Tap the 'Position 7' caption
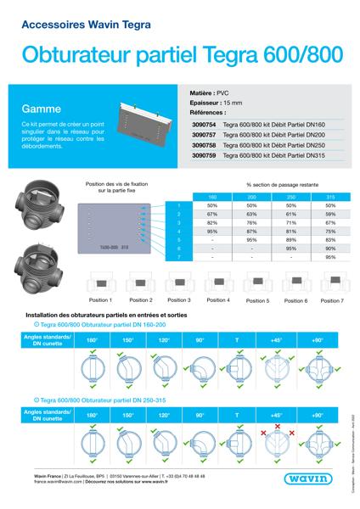coord(332,300)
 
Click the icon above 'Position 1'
coord(100,285)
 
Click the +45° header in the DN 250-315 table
coord(277,417)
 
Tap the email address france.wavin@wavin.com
coord(42,491)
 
